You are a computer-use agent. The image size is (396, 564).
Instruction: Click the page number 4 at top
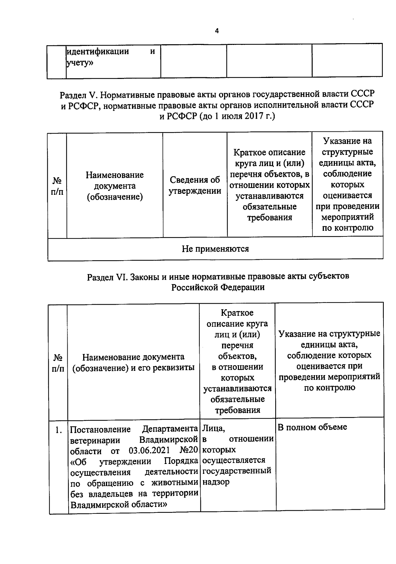(217, 31)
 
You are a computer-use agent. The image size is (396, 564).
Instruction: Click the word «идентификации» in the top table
(98, 52)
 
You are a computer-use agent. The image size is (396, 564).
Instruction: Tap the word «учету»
(80, 63)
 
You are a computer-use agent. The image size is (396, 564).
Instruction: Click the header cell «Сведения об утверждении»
(195, 185)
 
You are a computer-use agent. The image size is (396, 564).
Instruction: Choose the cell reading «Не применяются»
(215, 249)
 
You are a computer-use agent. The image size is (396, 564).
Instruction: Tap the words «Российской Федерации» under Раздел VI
(218, 287)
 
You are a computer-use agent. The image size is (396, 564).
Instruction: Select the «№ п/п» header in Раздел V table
(57, 186)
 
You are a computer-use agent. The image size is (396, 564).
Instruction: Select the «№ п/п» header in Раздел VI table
(58, 363)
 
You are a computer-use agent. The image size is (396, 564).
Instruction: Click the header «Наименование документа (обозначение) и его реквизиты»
(133, 362)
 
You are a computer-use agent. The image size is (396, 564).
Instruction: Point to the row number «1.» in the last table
(59, 430)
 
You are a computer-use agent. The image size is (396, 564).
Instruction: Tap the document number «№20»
(189, 450)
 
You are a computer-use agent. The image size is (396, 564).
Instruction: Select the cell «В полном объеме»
(312, 427)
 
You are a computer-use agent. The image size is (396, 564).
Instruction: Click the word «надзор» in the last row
(216, 482)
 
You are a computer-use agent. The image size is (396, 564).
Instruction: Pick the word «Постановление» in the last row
(101, 430)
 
